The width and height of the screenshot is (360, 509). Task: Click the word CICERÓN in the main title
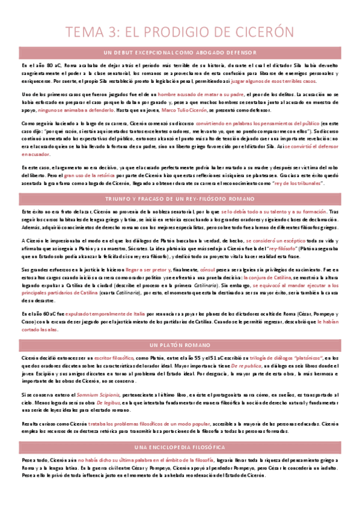click(x=260, y=31)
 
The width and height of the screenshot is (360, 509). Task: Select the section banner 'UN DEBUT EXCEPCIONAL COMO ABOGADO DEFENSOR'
click(x=180, y=52)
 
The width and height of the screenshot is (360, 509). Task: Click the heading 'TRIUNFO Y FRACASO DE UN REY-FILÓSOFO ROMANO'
click(x=180, y=197)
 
